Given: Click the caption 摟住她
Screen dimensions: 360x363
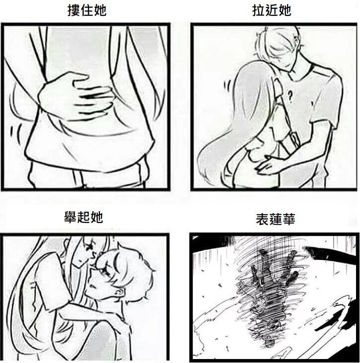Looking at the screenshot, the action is (87, 10).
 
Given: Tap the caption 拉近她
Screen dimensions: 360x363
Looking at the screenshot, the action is (272, 10).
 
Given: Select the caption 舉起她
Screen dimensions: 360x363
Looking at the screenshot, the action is (83, 217).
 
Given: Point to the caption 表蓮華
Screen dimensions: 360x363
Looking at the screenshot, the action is (276, 219).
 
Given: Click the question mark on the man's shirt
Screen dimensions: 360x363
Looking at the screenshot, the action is (289, 96).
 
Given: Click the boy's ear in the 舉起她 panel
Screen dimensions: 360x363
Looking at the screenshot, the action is (119, 293).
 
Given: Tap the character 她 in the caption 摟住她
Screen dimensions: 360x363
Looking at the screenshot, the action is (100, 10).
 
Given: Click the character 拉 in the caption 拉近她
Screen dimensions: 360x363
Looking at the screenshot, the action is (259, 10).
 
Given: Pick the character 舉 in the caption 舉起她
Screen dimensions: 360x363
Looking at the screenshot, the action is (71, 217).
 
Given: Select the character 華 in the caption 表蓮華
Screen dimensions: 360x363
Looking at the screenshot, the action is (288, 219).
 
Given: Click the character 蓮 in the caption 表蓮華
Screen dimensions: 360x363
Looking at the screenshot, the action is (276, 219).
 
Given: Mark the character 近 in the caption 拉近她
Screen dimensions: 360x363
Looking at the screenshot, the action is (272, 10).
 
